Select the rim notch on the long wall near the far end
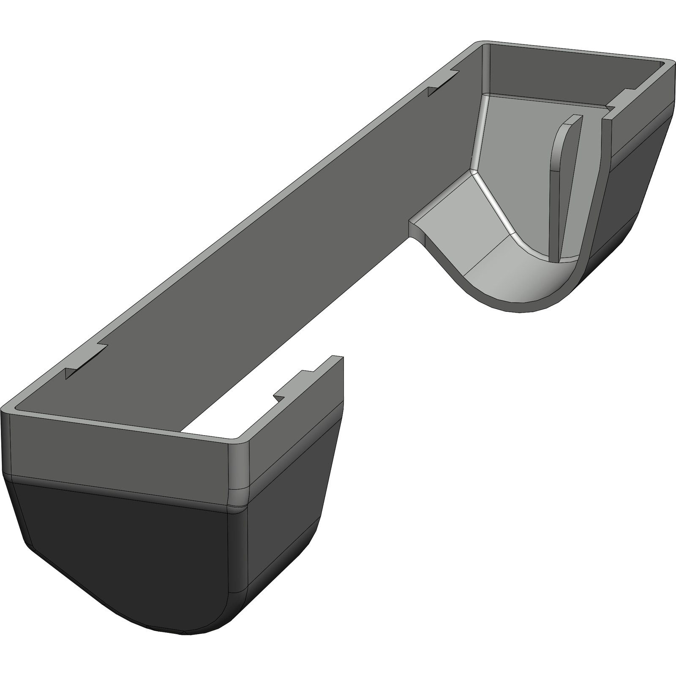pos(443,83)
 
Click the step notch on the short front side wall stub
pos(292,387)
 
